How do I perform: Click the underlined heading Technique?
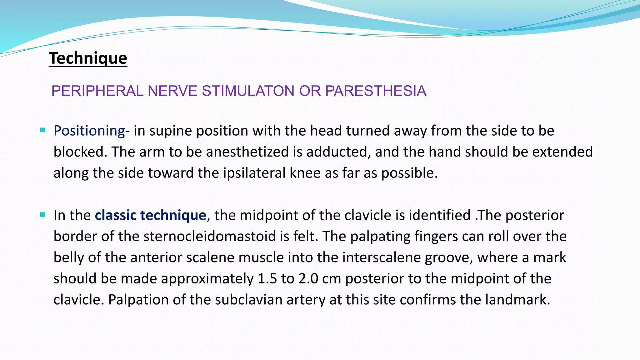pyautogui.click(x=88, y=58)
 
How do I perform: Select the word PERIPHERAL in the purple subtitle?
pyautogui.click(x=97, y=91)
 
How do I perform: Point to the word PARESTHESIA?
pyautogui.click(x=376, y=91)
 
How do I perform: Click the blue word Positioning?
pyautogui.click(x=89, y=131)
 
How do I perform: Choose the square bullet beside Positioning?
pyautogui.click(x=43, y=130)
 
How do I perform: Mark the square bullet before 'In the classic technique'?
pyautogui.click(x=43, y=215)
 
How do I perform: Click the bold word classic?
pyautogui.click(x=116, y=215)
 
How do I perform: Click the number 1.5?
pyautogui.click(x=267, y=279)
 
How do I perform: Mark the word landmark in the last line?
pyautogui.click(x=517, y=300)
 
